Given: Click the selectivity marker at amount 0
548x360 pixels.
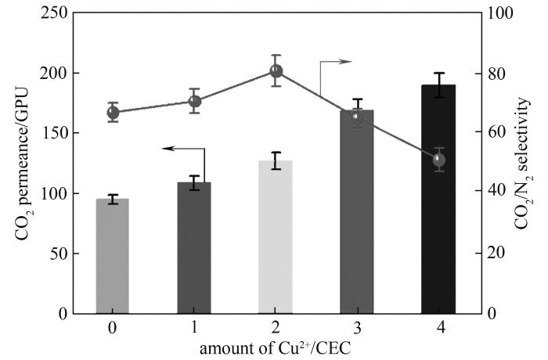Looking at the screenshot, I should coord(113,112).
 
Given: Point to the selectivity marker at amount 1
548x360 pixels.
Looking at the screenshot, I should coord(195,101).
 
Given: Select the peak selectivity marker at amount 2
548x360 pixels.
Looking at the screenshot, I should coord(276,70).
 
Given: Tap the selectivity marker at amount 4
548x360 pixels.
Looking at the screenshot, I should coord(438,160).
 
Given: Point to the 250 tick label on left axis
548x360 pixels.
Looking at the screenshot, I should coord(54,13).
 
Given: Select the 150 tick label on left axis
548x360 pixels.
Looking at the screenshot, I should coord(54,133).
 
